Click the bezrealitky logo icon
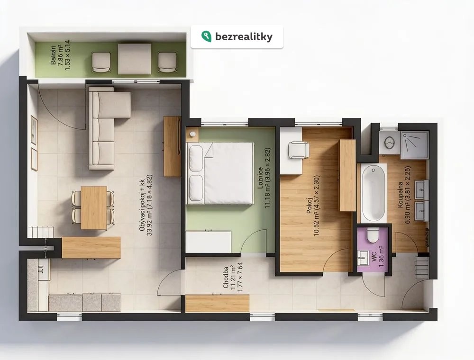coord(206,36)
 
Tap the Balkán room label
coord(53,55)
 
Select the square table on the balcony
coord(135,59)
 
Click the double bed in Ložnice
coord(220,173)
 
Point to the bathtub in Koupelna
coord(374,193)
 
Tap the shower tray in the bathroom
coord(415,144)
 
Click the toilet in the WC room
coord(373,235)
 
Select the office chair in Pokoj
coord(298,150)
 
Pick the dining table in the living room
coord(94,208)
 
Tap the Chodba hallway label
coord(226,277)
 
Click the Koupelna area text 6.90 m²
coord(407,213)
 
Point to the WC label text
coord(374,257)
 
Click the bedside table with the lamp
coord(192,135)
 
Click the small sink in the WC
coord(363,259)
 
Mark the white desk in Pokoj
coord(291,151)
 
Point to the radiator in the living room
coord(41,232)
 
